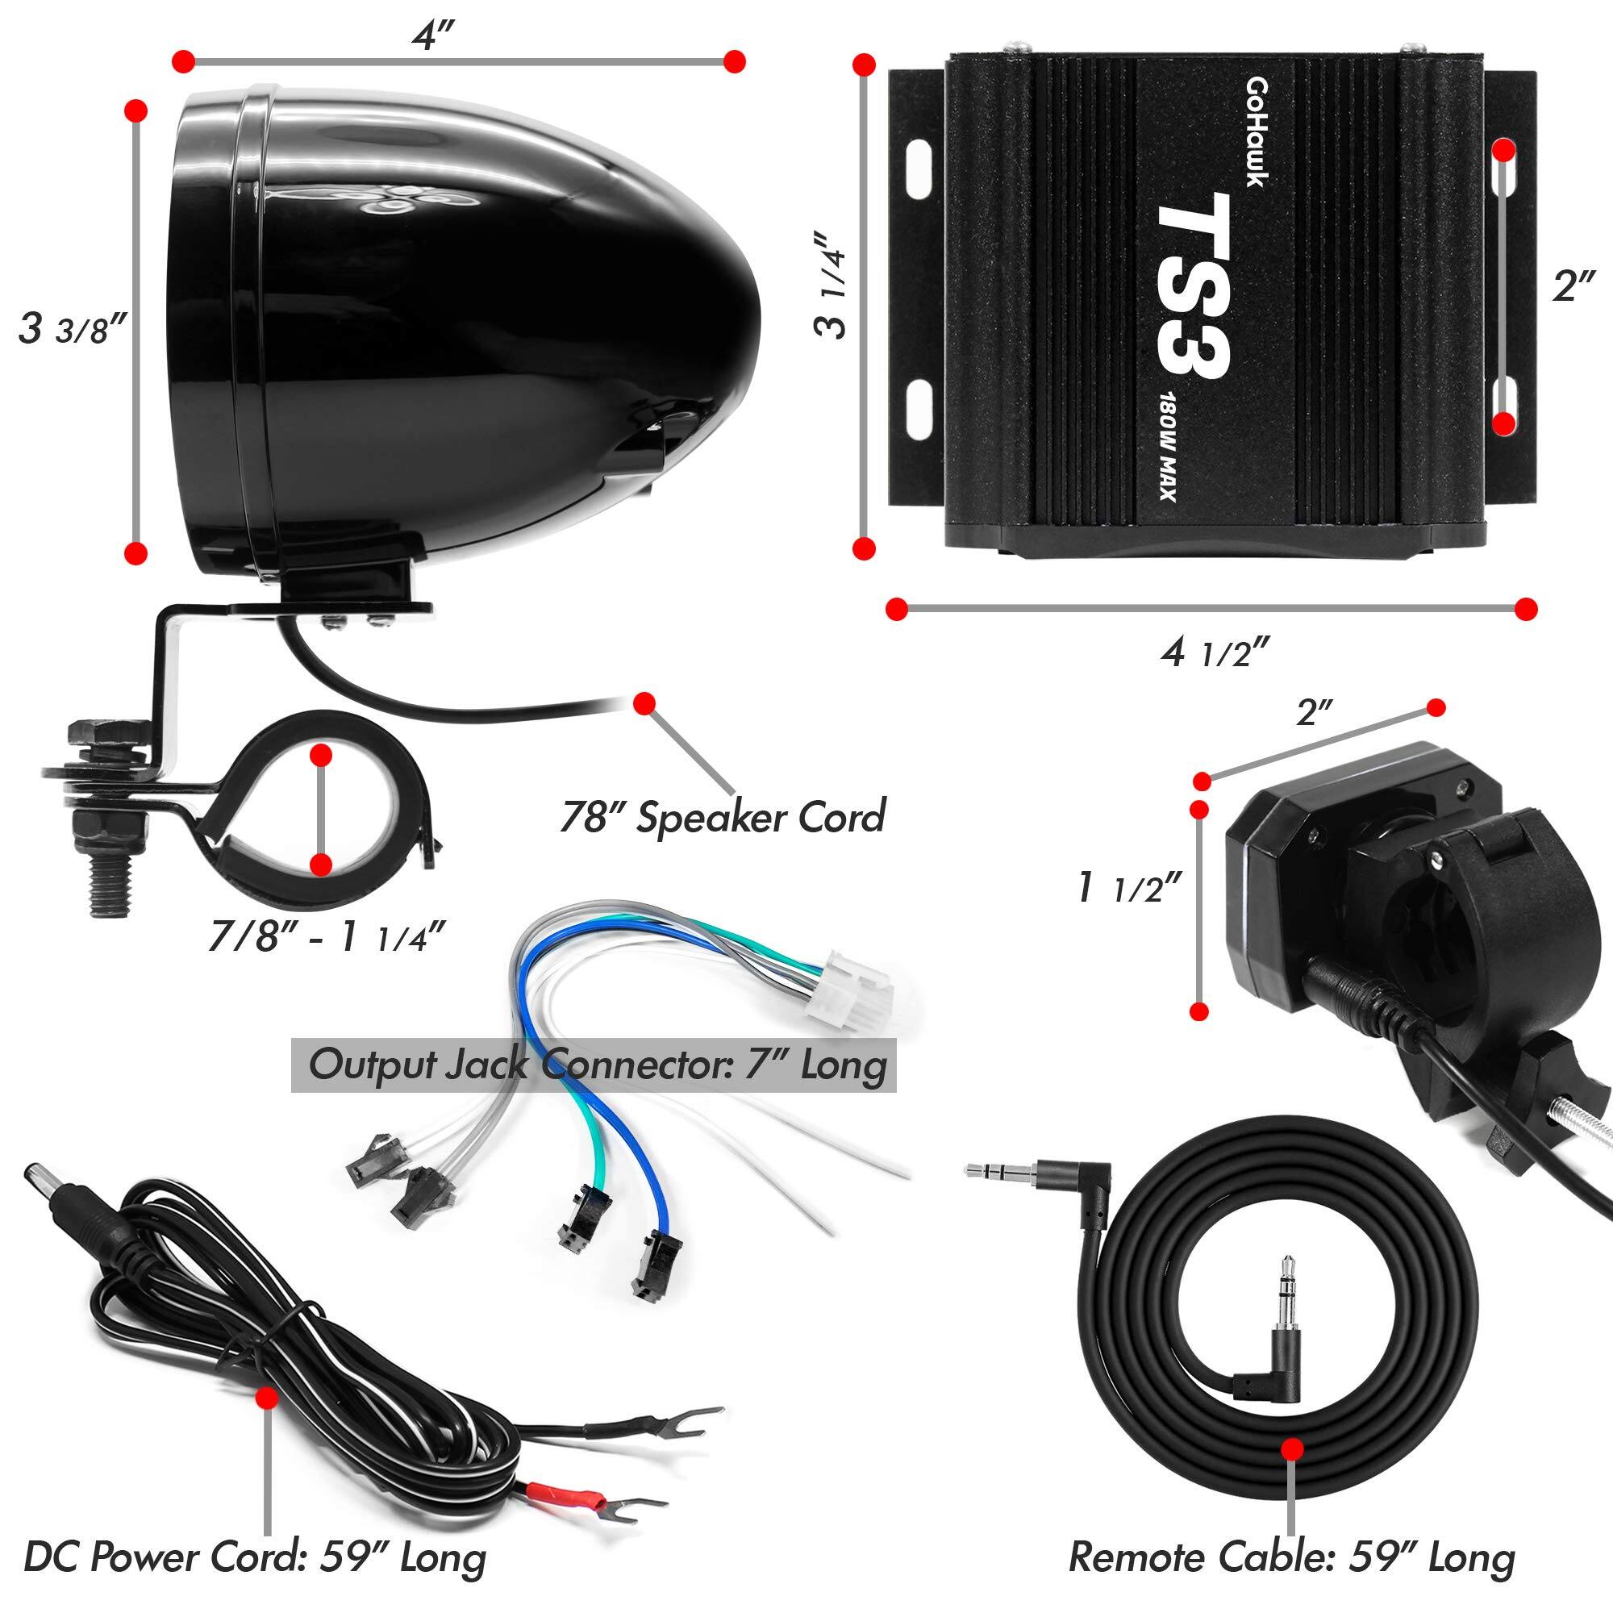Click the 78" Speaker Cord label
(722, 816)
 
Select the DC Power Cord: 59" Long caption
(255, 1556)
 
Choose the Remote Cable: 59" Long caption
(1291, 1556)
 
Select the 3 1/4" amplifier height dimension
(831, 284)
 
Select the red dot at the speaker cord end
(643, 704)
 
